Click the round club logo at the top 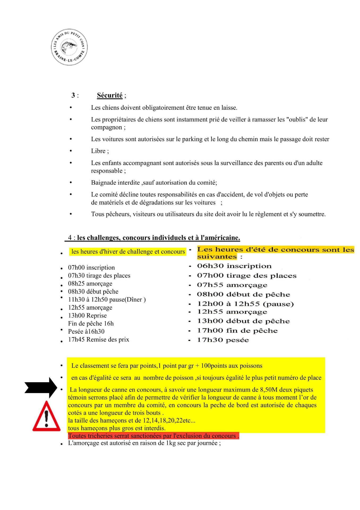coord(69,47)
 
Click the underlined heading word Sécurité coord(110,95)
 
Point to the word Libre coord(98,151)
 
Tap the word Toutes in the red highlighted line coord(77,436)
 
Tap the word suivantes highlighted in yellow coord(217,257)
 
